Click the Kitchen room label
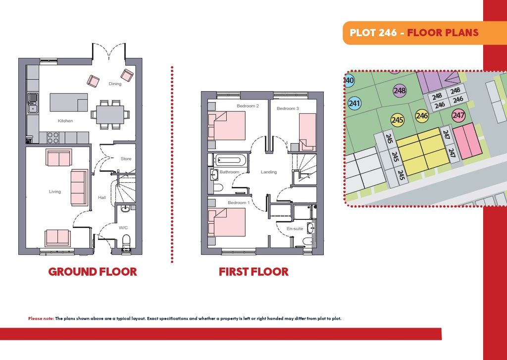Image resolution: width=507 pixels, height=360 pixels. coord(65,121)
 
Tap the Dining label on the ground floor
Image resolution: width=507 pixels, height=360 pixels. coord(115,84)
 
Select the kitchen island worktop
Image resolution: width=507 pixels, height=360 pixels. coord(68,102)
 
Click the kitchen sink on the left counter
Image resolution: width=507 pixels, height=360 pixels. coord(33,103)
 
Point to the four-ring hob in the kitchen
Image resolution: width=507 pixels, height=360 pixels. coord(52,138)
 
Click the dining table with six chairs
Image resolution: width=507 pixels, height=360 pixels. coord(110,114)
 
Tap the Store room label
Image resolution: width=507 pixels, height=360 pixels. coord(126,159)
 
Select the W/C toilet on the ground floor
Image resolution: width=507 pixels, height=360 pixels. coord(126,242)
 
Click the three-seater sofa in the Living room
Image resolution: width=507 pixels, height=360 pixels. coord(79,188)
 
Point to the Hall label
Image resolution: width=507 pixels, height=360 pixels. coord(102,197)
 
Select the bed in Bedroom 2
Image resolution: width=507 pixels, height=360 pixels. coord(227,126)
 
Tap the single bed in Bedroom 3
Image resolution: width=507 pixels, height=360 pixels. coord(307,132)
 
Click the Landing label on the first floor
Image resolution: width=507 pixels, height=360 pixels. coord(269,172)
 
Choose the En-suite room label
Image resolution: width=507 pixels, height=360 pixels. coord(295,229)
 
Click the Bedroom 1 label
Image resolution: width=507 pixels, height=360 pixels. coord(239,203)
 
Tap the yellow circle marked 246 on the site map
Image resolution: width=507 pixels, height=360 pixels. coord(422,115)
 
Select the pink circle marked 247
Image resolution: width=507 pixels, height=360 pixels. coord(458,115)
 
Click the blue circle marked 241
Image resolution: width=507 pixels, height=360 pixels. coord(355,103)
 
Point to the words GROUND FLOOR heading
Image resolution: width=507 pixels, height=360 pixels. coord(93,272)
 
